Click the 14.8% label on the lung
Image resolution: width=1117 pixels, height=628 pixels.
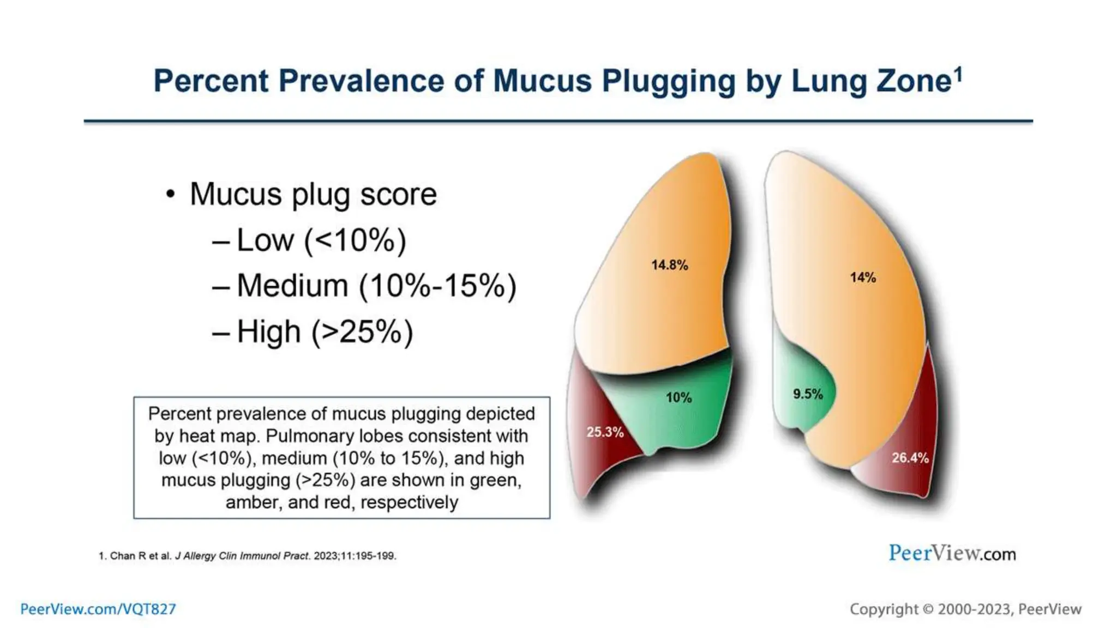click(669, 265)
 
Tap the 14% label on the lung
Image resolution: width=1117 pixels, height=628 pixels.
click(862, 277)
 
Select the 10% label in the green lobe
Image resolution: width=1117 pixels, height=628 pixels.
click(678, 398)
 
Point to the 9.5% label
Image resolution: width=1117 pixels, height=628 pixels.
click(807, 394)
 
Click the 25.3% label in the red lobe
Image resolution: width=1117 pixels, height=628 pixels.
click(604, 432)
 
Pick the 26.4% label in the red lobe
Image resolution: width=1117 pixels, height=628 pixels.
click(910, 458)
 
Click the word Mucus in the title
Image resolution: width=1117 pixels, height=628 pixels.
click(542, 81)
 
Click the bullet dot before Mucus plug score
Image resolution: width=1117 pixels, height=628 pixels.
click(171, 194)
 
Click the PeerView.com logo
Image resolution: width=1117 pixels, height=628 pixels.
click(952, 553)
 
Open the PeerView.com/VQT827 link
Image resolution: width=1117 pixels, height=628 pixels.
click(98, 609)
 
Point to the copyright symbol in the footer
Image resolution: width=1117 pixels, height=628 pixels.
click(928, 609)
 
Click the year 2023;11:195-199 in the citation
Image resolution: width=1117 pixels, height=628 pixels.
click(355, 556)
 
